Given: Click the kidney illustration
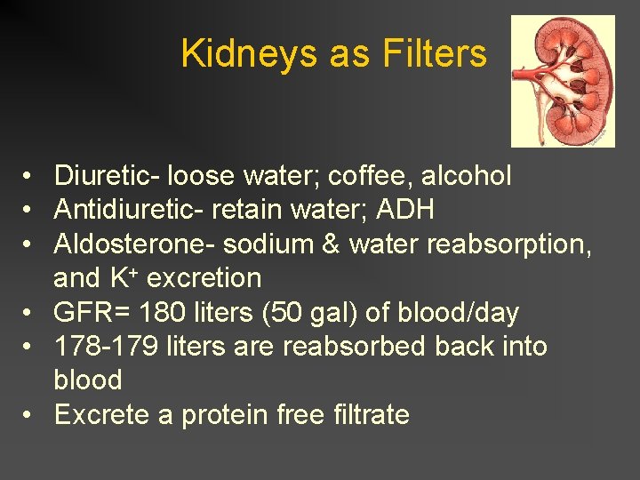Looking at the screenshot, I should tap(563, 81).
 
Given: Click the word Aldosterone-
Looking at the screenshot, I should tap(134, 244).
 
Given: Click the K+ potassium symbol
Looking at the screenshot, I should tap(123, 278).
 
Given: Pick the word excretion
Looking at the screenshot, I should tap(204, 278).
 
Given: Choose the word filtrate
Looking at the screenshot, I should tap(368, 415).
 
